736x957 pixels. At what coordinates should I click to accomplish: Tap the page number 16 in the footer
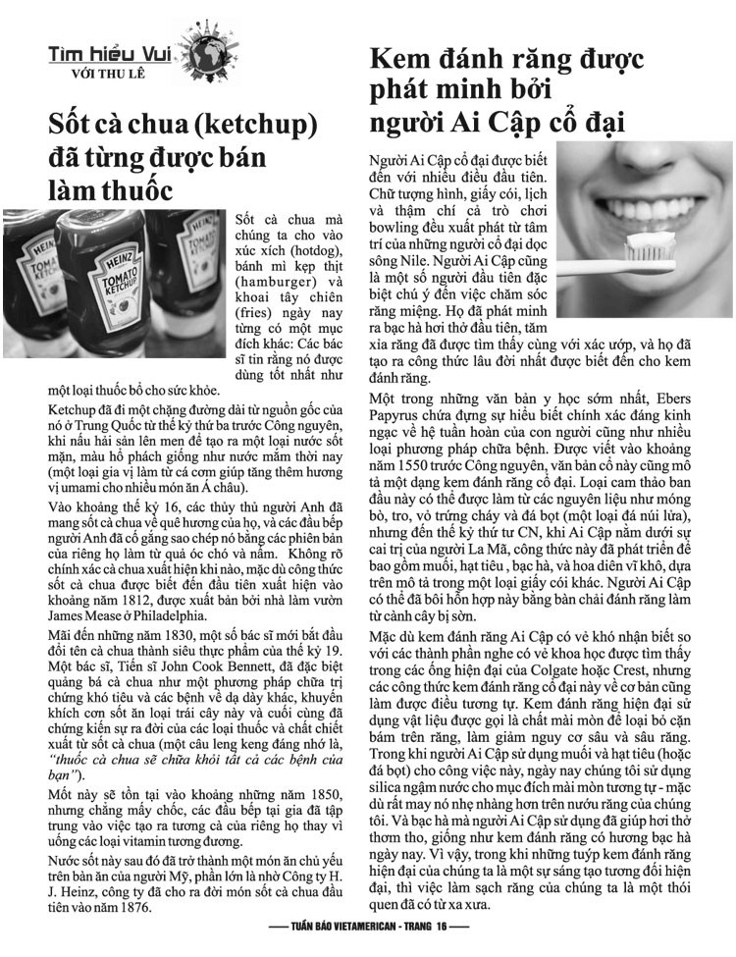tap(443, 926)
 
